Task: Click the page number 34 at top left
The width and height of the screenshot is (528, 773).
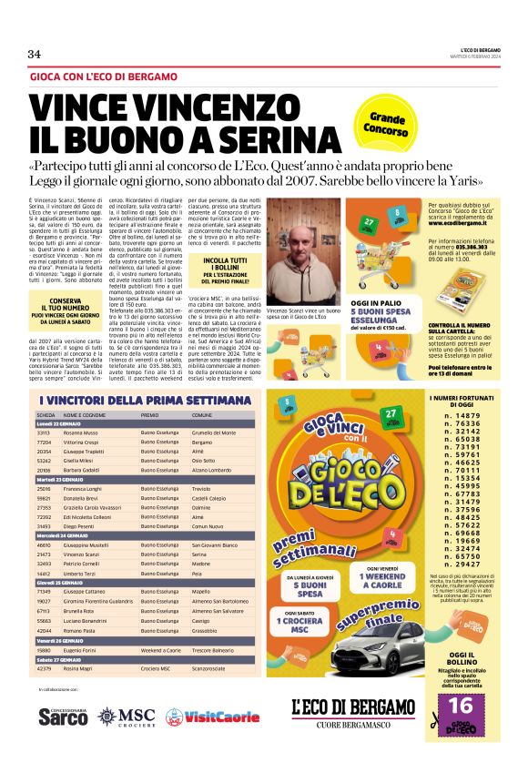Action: (x=35, y=54)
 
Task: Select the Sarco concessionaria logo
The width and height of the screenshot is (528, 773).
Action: (x=64, y=716)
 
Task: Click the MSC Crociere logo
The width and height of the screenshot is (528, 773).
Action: (x=127, y=716)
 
